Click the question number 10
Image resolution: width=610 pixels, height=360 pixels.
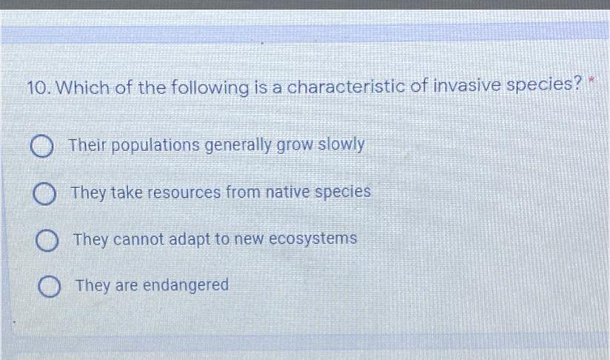coord(38,88)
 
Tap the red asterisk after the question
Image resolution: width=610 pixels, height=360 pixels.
coord(591,81)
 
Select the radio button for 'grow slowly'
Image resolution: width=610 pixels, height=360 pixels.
coord(42,147)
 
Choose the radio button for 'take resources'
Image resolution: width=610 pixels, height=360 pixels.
coord(44,194)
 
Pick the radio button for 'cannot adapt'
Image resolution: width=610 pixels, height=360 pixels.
coord(47,241)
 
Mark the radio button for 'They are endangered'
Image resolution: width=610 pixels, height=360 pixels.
coord(50,287)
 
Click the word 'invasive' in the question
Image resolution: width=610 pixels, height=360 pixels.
coord(466,85)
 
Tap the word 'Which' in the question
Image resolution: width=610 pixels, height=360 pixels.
coord(82,87)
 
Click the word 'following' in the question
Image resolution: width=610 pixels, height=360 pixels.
coord(210,87)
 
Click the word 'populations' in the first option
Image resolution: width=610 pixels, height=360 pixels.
coord(155,146)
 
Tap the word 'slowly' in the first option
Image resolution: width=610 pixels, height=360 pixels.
coord(341,144)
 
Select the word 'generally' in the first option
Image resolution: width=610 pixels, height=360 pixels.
coord(238,145)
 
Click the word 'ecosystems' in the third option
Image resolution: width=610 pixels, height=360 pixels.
coord(313,239)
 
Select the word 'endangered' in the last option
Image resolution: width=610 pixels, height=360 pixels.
coord(186,285)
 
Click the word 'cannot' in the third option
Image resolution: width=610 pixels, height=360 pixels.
coord(138,240)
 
